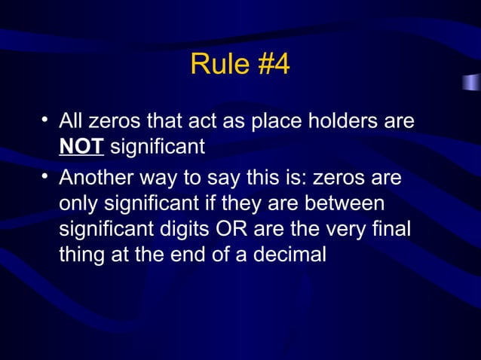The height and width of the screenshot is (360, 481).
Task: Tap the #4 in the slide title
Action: point(273,65)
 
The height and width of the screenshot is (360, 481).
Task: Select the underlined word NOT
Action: point(81,146)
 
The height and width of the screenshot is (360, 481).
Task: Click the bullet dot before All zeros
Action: point(46,121)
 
